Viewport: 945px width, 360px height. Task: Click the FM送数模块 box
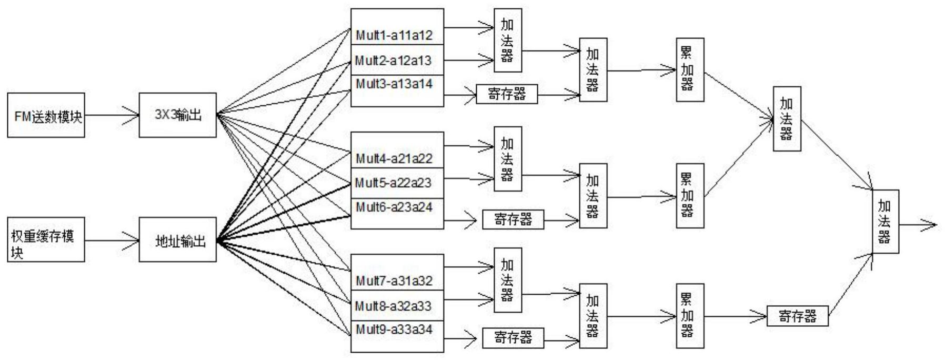46,115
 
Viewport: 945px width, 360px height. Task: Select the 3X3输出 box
178,115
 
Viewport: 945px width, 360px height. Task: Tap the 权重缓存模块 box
46,239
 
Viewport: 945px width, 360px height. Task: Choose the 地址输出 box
178,239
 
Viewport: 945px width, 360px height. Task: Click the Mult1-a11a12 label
394,36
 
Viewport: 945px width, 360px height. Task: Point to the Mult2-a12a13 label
393,61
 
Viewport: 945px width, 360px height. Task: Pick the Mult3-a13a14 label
394,84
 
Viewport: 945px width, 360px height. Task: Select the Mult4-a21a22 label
394,158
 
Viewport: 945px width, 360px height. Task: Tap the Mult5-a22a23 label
393,183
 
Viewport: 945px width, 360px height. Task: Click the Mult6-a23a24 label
394,207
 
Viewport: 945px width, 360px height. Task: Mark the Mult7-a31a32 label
394,281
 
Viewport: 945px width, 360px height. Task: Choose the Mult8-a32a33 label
393,306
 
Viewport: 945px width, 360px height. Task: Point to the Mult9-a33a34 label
394,329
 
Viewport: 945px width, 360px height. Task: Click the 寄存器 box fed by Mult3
507,94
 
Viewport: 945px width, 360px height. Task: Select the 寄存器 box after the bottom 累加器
798,316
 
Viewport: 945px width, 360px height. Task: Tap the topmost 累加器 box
690,69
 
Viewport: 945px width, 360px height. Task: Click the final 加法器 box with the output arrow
885,222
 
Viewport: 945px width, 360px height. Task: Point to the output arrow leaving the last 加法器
918,225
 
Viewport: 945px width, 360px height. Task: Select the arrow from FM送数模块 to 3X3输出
112,115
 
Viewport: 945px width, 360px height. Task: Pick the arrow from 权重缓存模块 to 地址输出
112,241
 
